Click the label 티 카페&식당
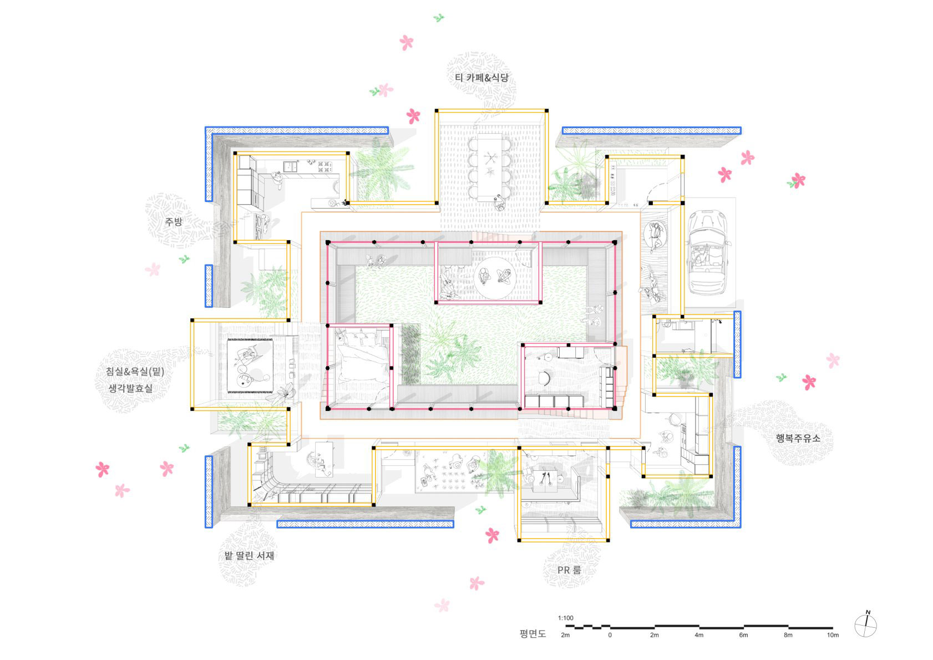tap(481, 78)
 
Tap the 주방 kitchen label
tap(174, 221)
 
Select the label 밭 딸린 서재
tap(249, 556)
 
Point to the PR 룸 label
tap(569, 570)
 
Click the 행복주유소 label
tap(798, 438)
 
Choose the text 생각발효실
tap(130, 388)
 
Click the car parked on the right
tap(708, 252)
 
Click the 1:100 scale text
tap(566, 618)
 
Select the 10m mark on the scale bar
tap(833, 635)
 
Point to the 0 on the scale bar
tap(610, 635)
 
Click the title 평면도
tap(533, 634)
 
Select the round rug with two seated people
tap(495, 278)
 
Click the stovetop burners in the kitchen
tap(324, 167)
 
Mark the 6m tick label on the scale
tap(743, 635)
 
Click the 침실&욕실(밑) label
tap(135, 372)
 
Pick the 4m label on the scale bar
tap(699, 635)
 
